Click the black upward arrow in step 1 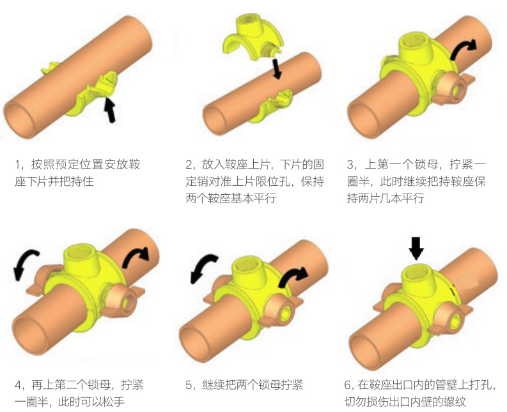pos(110,111)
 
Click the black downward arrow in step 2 pos(277,68)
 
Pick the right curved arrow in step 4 pos(135,256)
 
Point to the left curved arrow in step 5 pos(203,266)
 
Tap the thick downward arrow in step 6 pos(416,248)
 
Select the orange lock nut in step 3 pos(453,89)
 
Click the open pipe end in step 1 pos(19,119)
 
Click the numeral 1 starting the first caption pos(17,165)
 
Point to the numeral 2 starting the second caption pos(189,165)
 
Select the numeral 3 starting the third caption pos(350,165)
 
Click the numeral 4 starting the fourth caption pos(19,385)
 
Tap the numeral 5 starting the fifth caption pos(189,385)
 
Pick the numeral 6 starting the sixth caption pos(348,385)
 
